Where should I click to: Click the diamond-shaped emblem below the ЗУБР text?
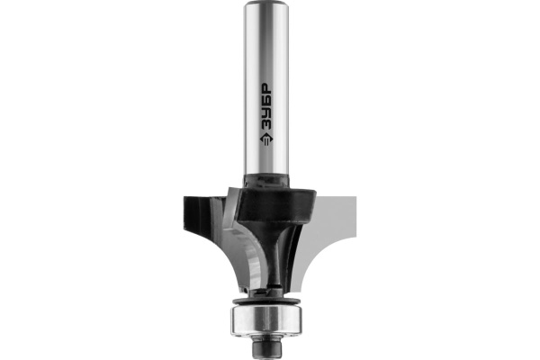(x=265, y=139)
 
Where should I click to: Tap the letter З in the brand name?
(x=265, y=125)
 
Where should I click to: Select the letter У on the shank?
(x=265, y=113)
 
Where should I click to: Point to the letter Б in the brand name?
(x=265, y=102)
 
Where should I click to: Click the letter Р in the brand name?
(x=265, y=89)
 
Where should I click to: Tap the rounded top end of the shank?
(x=265, y=4)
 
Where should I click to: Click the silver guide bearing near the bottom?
(x=266, y=320)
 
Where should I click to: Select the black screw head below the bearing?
(x=266, y=347)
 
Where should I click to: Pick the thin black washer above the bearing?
(x=266, y=301)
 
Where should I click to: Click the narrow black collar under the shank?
(x=265, y=180)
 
